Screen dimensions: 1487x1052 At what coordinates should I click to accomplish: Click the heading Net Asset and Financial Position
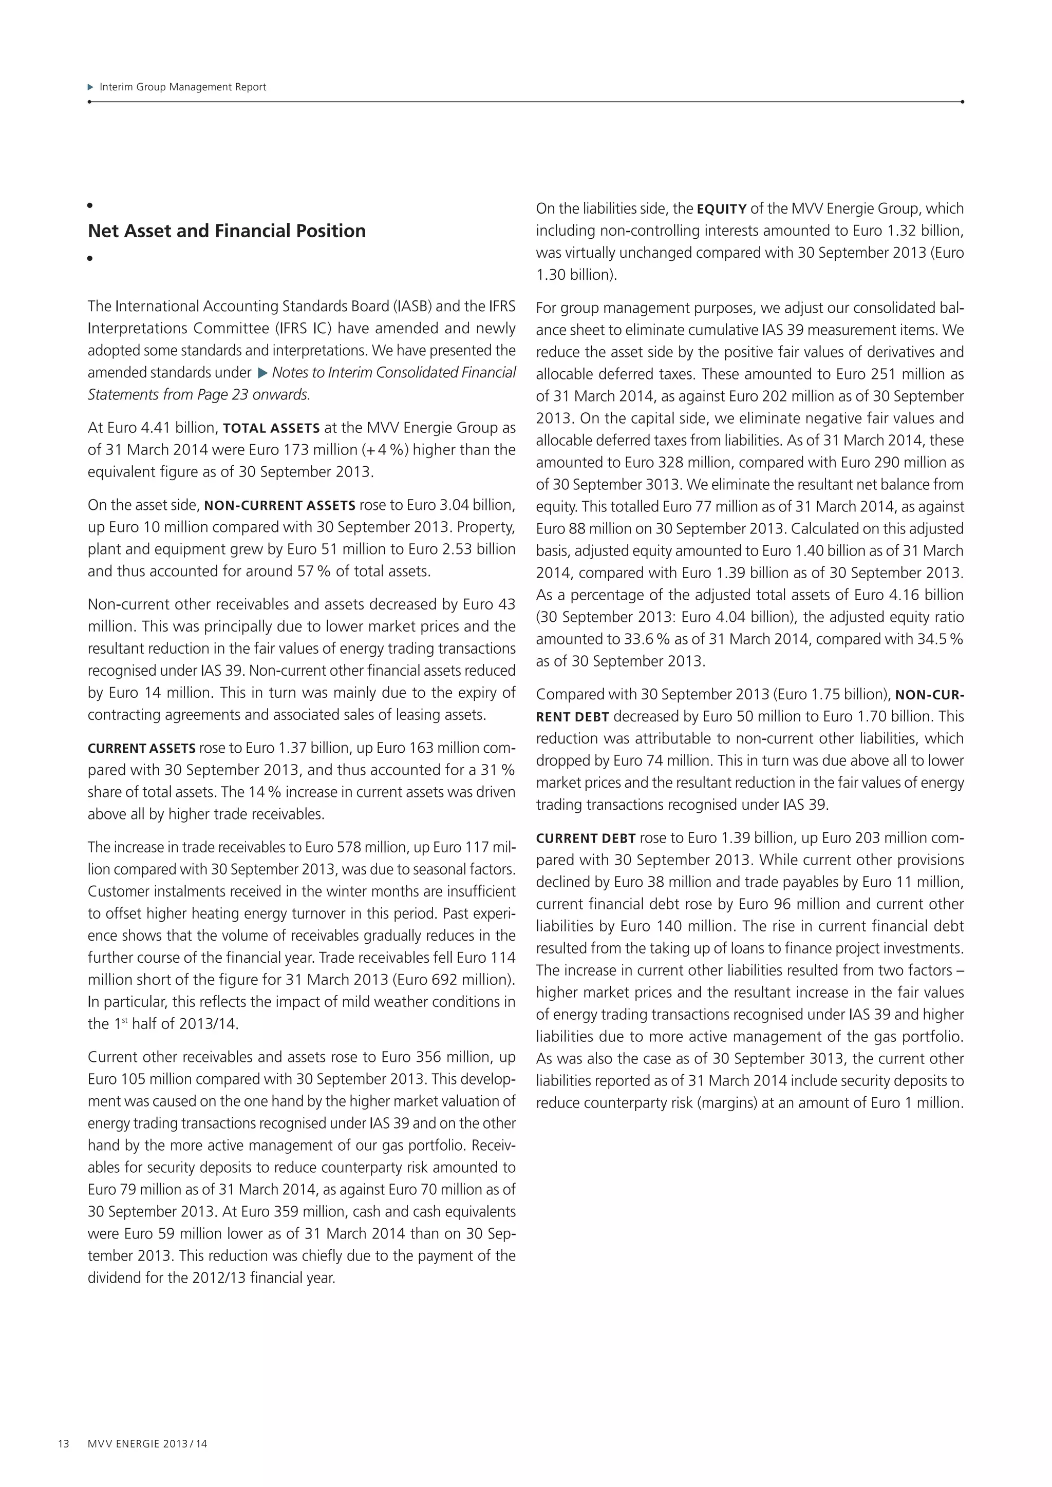coord(227,231)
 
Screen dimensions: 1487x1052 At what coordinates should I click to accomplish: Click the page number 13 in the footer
coord(64,1443)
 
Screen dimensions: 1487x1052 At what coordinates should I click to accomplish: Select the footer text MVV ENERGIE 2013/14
coord(148,1443)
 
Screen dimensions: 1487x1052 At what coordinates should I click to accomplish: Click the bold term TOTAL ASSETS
coord(271,428)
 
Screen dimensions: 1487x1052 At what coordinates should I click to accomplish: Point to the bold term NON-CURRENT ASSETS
coord(279,506)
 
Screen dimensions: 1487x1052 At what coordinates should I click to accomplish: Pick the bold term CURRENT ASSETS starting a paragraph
coord(141,749)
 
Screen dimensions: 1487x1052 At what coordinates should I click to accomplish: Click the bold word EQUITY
coord(722,209)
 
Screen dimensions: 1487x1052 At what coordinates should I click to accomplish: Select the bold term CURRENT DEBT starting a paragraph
coord(586,838)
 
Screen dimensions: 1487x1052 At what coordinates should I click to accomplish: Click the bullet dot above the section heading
coord(90,205)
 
